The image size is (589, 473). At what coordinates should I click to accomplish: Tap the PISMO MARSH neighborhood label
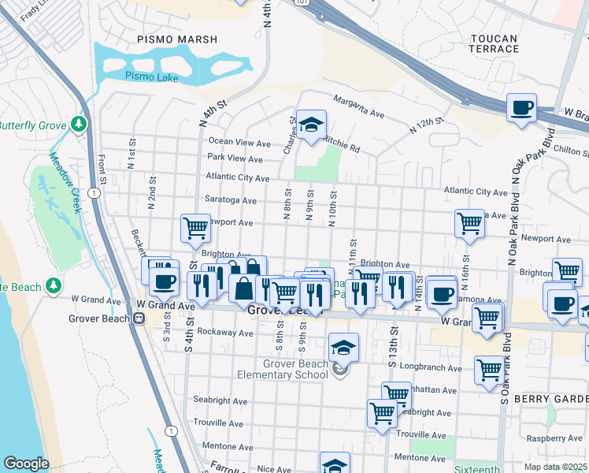[x=171, y=38]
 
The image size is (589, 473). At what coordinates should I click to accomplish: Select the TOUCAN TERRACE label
[x=495, y=43]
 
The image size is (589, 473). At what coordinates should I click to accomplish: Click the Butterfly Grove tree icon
[x=78, y=125]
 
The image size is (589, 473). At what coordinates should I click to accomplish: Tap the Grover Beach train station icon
[x=139, y=318]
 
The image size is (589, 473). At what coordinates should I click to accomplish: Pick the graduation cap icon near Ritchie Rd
[x=311, y=125]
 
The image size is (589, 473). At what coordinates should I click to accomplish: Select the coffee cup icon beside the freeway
[x=520, y=107]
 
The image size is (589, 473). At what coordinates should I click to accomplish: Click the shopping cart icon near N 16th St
[x=469, y=222]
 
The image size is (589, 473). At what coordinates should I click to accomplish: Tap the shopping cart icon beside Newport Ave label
[x=195, y=228]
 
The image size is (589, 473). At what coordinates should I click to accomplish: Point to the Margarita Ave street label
[x=358, y=108]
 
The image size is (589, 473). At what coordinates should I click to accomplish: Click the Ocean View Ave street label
[x=239, y=143]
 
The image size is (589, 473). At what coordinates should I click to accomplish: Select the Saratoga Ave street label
[x=231, y=201]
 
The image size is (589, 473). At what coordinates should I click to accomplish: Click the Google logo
[x=26, y=464]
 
